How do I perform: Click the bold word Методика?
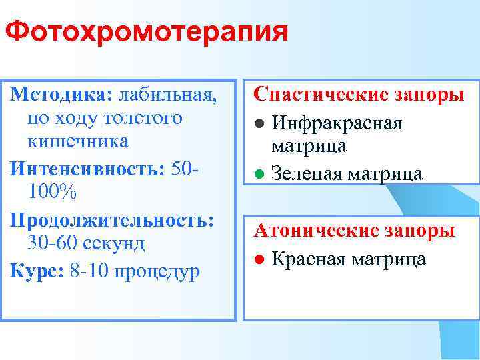(x=55, y=95)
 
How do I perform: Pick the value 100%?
(x=54, y=191)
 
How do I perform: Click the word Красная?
(x=311, y=259)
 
